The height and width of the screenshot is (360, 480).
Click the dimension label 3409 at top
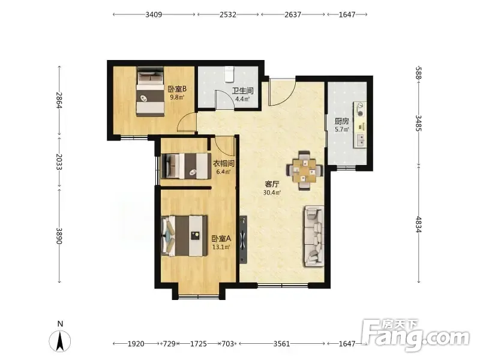pyautogui.click(x=154, y=14)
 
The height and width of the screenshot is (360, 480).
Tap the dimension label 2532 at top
pyautogui.click(x=228, y=14)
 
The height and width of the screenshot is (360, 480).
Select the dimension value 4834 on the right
pyautogui.click(x=418, y=224)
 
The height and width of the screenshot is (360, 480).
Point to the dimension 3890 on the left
pyautogui.click(x=59, y=236)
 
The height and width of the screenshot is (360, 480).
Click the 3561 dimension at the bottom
pyautogui.click(x=281, y=344)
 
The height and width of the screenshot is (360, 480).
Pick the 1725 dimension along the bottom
pyautogui.click(x=199, y=344)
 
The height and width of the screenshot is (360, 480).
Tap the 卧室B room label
pyautogui.click(x=177, y=89)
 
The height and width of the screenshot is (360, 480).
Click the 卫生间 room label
pyautogui.click(x=242, y=91)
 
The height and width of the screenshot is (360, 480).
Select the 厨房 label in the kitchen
pyautogui.click(x=341, y=121)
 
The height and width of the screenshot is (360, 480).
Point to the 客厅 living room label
pyautogui.click(x=272, y=184)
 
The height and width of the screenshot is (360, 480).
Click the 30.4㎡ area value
pyautogui.click(x=272, y=193)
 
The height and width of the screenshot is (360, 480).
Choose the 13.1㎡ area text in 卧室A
pyautogui.click(x=221, y=247)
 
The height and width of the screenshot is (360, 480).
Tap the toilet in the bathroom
pyautogui.click(x=229, y=74)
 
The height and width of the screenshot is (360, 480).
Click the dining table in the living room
pyautogui.click(x=305, y=171)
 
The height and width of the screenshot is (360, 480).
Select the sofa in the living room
pyautogui.click(x=314, y=236)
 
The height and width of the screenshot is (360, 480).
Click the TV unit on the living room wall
pyautogui.click(x=244, y=239)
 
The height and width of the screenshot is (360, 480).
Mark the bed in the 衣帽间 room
pyautogui.click(x=187, y=166)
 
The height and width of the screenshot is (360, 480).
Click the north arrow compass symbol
pyautogui.click(x=60, y=341)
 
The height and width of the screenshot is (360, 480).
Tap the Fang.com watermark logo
pyautogui.click(x=415, y=335)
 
